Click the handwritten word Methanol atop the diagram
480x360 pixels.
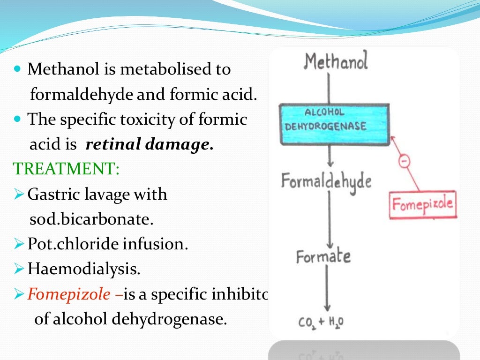tap(336, 61)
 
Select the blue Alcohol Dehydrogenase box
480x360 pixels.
tap(334, 124)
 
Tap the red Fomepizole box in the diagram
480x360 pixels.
tap(423, 205)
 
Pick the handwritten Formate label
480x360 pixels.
tap(323, 256)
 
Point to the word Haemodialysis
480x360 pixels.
tap(83, 269)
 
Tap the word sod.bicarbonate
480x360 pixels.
tap(91, 219)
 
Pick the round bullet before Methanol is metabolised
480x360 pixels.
tap(18, 69)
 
